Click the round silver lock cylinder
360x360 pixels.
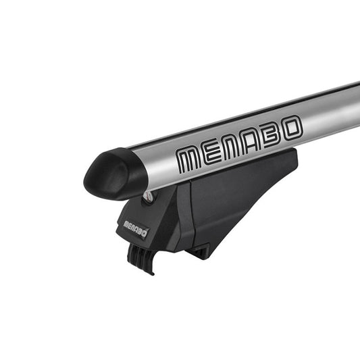click(148, 196)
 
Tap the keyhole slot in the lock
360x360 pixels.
click(148, 196)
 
